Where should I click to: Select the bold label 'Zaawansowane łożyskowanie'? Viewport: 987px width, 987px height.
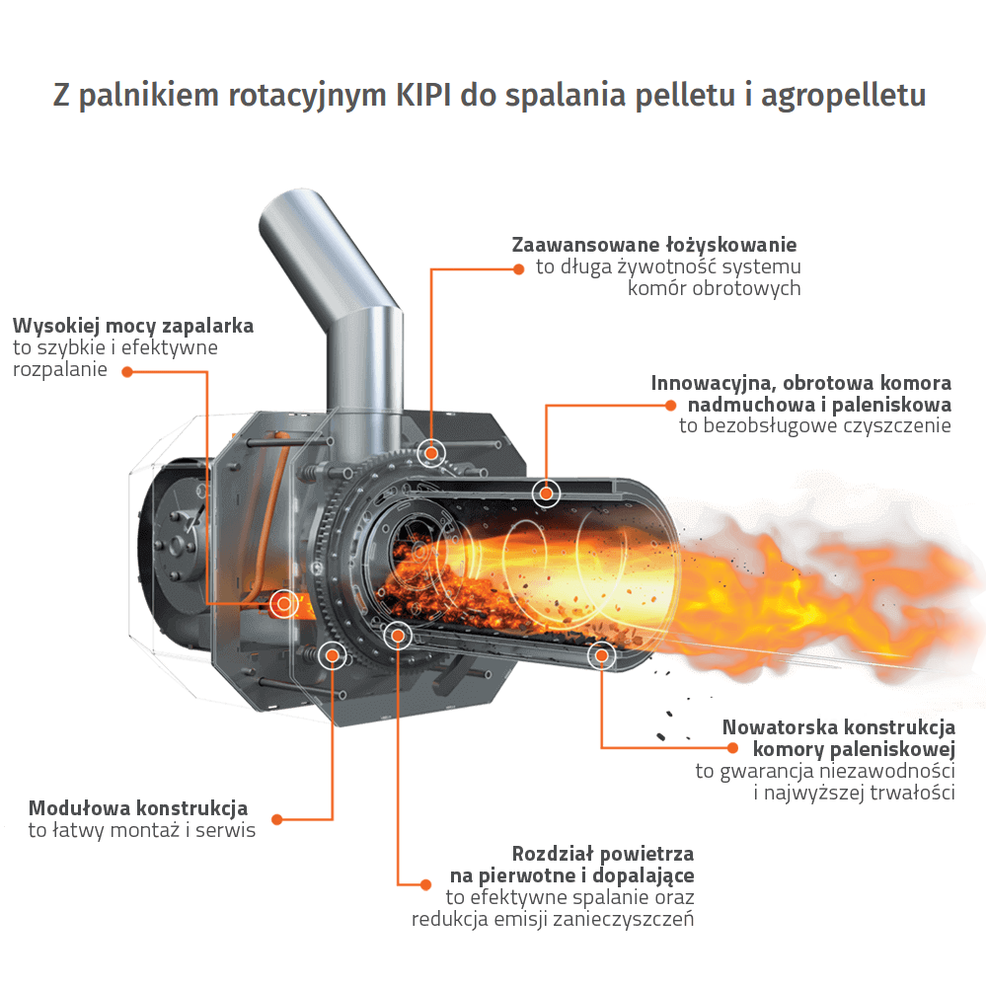[x=654, y=245]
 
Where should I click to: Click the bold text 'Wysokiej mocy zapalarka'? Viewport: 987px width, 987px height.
[x=133, y=326]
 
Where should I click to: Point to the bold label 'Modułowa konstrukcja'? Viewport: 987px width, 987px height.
[x=138, y=808]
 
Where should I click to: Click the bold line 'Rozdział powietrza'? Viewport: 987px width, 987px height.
[x=602, y=854]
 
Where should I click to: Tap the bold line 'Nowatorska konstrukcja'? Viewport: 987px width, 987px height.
[x=838, y=727]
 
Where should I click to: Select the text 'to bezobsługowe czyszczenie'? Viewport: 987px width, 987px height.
[x=814, y=426]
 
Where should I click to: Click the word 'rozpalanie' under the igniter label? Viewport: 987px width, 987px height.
[x=60, y=369]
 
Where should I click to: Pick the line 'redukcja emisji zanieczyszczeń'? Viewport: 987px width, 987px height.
[x=553, y=920]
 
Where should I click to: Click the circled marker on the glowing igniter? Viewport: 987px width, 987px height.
[x=284, y=604]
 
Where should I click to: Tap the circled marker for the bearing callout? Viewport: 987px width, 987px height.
[x=431, y=453]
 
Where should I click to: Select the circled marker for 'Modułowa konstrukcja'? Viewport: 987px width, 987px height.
[x=333, y=656]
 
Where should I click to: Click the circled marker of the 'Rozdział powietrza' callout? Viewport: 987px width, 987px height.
[x=397, y=635]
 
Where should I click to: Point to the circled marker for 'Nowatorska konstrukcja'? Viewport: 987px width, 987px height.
[x=602, y=656]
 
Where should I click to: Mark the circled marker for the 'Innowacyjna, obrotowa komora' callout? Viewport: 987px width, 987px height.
[x=546, y=493]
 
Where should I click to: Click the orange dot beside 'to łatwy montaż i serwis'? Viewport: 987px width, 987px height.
[x=277, y=819]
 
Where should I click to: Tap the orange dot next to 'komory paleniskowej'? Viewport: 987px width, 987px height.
[x=732, y=748]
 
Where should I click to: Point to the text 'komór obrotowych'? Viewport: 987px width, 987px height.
[x=714, y=288]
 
